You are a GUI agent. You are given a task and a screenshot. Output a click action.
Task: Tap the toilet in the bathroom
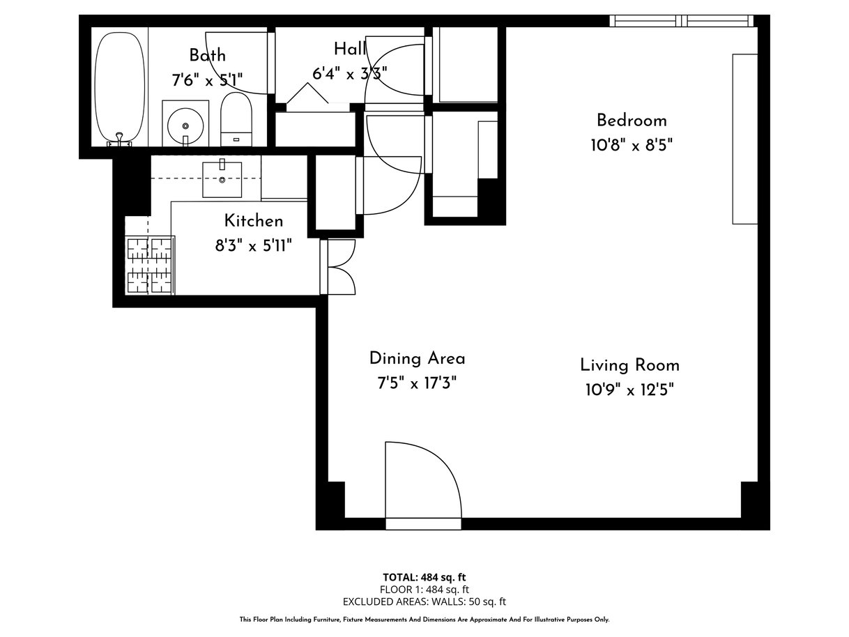point(236,118)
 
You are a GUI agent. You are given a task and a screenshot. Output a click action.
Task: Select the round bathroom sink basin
point(185,125)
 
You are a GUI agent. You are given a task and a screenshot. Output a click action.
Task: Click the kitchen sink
point(222,179)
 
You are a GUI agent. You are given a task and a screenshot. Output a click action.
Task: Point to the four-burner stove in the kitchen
point(150,266)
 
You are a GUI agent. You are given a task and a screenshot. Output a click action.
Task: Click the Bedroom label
point(632,121)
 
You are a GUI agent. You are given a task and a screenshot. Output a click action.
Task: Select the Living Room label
point(629,365)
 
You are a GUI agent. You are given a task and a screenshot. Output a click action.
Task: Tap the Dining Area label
point(417,358)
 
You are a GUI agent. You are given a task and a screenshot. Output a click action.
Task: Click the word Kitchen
point(254,221)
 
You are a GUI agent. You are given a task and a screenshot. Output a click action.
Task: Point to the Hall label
point(350,49)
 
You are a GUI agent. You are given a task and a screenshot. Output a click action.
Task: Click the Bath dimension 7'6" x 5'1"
point(207,80)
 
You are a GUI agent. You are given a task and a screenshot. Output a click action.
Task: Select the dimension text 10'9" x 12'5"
point(629,390)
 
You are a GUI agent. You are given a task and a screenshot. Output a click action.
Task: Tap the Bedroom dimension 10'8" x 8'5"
point(632,146)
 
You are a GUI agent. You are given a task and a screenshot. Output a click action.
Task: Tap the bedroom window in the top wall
point(682,21)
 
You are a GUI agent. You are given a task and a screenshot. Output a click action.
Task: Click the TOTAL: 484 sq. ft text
point(424,577)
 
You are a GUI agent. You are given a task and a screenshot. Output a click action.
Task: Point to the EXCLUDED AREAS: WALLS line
point(424,601)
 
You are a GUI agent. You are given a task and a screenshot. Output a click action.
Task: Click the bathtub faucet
point(119,140)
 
